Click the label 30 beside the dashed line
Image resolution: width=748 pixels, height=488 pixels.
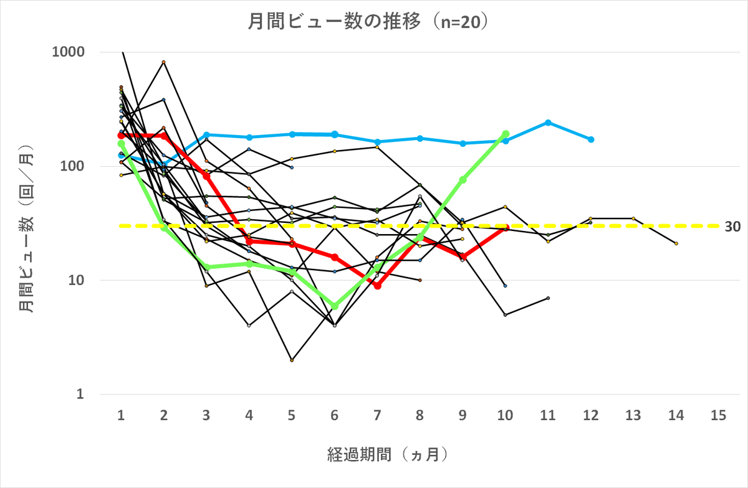[733, 227]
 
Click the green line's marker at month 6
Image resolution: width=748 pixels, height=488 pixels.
[335, 306]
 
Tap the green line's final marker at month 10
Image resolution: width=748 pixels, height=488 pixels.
[506, 134]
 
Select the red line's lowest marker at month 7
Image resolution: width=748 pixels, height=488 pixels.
[378, 286]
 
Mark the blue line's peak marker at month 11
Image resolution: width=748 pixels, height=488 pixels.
[548, 123]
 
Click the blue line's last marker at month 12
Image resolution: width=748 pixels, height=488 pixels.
[591, 139]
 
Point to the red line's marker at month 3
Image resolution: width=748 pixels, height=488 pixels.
[206, 176]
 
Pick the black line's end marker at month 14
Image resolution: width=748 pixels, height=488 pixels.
[676, 243]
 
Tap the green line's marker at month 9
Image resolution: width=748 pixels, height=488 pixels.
[463, 180]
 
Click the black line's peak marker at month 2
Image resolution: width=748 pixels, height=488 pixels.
[164, 62]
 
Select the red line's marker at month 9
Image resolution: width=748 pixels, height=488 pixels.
[463, 256]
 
